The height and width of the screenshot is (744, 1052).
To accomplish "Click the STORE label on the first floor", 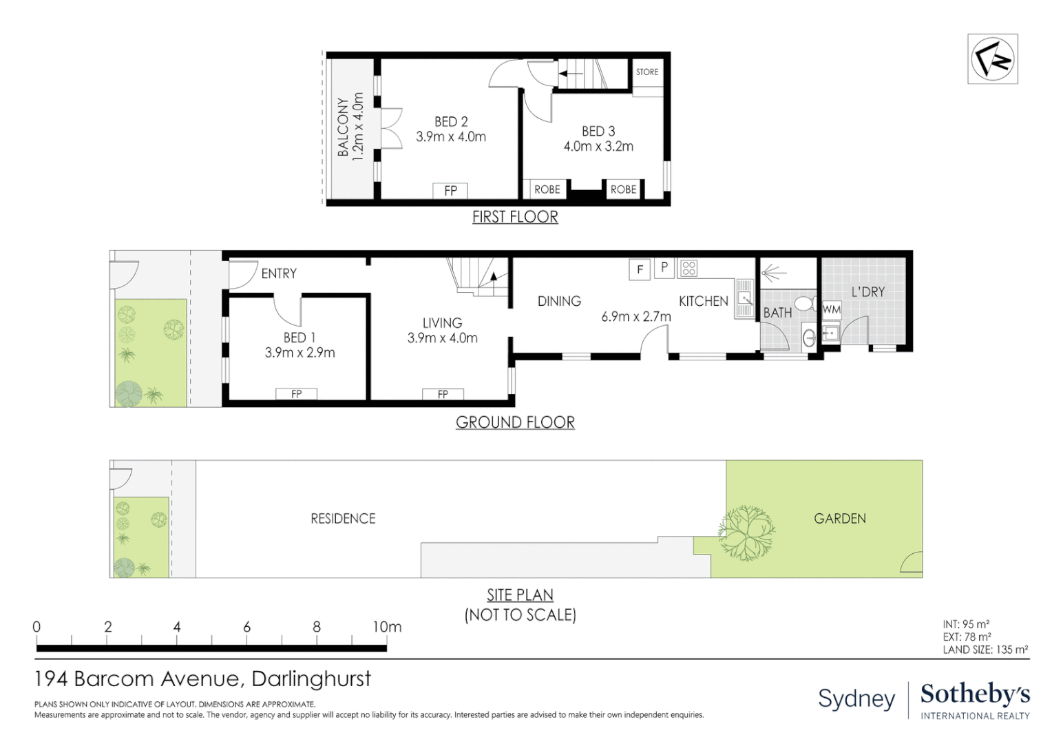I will pyautogui.click(x=646, y=72).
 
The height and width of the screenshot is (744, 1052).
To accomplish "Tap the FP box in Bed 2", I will pyautogui.click(x=450, y=191).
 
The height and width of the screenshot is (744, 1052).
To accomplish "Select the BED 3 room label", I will pyautogui.click(x=598, y=131).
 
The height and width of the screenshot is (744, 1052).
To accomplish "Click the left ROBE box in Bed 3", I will pyautogui.click(x=547, y=189).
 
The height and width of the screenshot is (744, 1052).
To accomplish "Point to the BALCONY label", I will pyautogui.click(x=343, y=127).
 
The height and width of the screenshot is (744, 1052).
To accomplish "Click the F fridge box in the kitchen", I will pyautogui.click(x=640, y=269).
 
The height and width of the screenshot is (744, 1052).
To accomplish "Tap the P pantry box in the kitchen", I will pyautogui.click(x=664, y=267).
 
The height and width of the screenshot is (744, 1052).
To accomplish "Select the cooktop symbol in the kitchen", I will pyautogui.click(x=688, y=268).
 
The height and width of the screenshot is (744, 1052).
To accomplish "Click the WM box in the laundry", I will pyautogui.click(x=831, y=309).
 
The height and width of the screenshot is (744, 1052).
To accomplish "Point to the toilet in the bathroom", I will pyautogui.click(x=804, y=303).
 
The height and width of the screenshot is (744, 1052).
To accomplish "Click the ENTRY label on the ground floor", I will pyautogui.click(x=279, y=273).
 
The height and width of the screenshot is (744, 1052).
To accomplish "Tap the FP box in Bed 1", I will pyautogui.click(x=296, y=394).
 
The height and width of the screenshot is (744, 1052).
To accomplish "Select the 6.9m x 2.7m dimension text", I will pyautogui.click(x=635, y=317).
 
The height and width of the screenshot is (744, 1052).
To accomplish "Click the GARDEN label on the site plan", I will pyautogui.click(x=839, y=519).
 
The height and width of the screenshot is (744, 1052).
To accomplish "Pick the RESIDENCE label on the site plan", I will pyautogui.click(x=343, y=519).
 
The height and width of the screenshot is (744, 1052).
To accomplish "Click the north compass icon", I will pyautogui.click(x=992, y=59).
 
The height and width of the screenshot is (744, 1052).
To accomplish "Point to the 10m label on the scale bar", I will pyautogui.click(x=387, y=627).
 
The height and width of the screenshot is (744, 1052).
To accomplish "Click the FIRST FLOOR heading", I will pyautogui.click(x=515, y=217).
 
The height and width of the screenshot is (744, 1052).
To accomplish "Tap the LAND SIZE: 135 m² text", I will pyautogui.click(x=985, y=650).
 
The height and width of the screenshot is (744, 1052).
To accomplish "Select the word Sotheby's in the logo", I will pyautogui.click(x=975, y=694).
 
